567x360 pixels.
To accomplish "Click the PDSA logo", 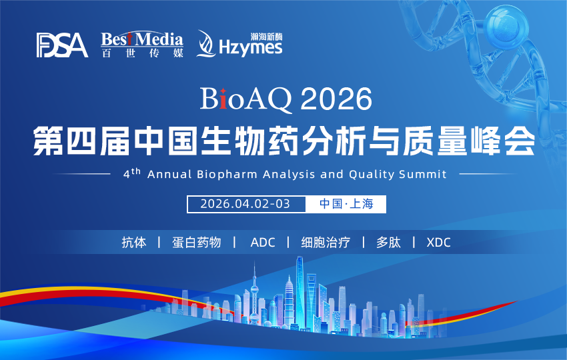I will click(62, 45).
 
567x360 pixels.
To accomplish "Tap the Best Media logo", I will click(141, 44).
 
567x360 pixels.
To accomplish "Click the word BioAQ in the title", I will click(246, 101).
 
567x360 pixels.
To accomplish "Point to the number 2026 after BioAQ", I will click(336, 101).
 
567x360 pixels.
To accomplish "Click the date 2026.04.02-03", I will click(245, 204).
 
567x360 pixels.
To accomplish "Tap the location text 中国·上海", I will click(345, 204).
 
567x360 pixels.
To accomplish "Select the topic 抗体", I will click(133, 242).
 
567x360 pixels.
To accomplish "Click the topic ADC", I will click(262, 242).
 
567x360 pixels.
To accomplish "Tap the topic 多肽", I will click(388, 242).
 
